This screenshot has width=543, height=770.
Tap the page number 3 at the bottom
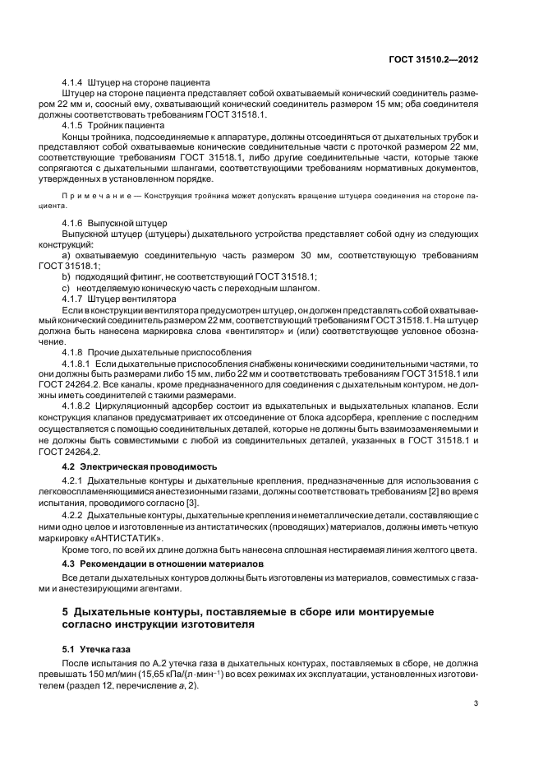click(x=477, y=703)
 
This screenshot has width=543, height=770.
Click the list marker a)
click(x=67, y=256)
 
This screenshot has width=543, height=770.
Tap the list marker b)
click(x=67, y=277)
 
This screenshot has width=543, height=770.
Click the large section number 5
click(x=66, y=612)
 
